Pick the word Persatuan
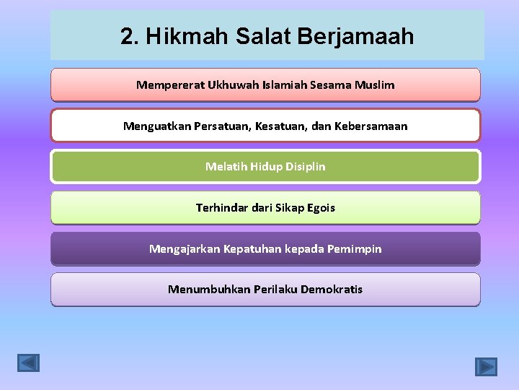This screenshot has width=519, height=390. (225, 126)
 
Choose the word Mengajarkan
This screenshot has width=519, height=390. (184, 249)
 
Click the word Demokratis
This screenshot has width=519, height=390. (332, 290)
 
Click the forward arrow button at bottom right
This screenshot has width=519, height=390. (486, 366)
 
